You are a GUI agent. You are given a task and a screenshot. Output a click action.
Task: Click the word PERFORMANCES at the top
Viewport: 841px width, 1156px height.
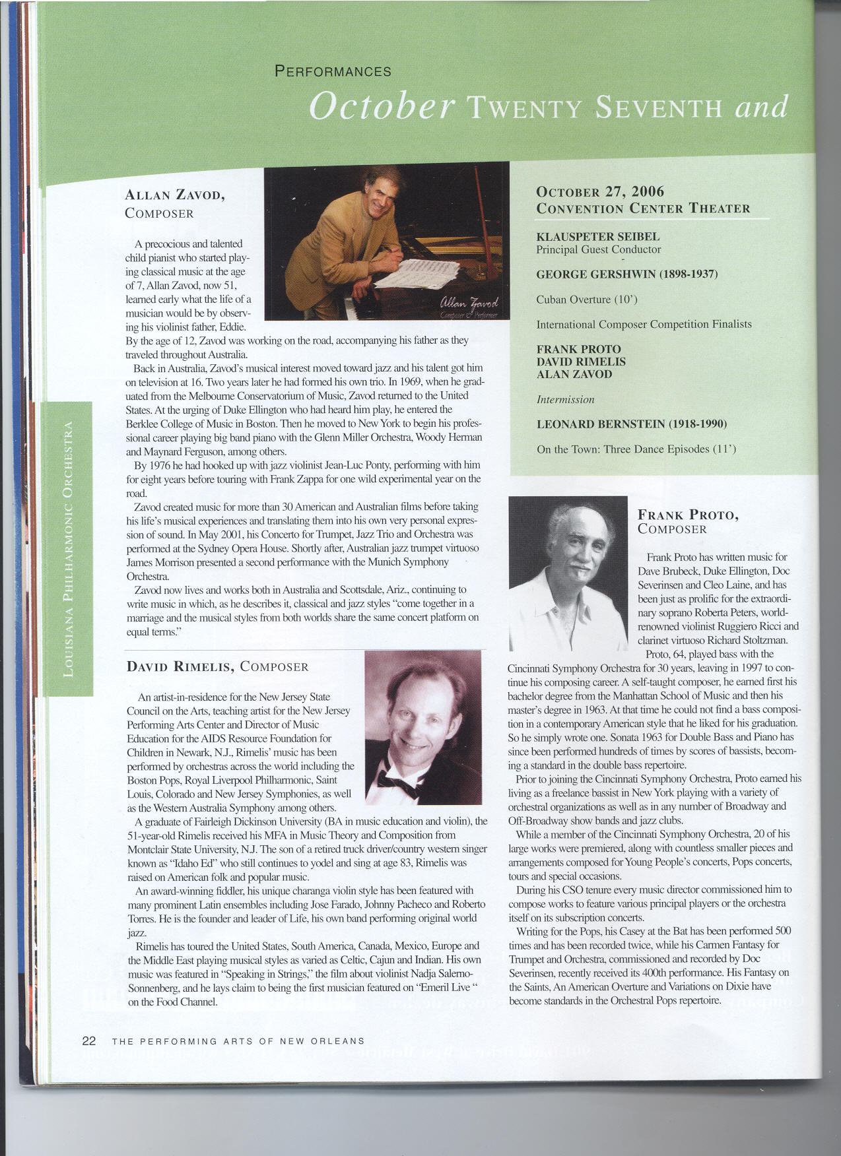[333, 71]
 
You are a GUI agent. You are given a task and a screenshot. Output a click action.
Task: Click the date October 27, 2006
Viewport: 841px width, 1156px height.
[600, 192]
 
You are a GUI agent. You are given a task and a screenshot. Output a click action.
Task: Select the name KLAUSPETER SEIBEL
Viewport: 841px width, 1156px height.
[598, 236]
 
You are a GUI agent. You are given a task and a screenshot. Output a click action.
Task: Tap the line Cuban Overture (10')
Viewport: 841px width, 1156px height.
[587, 300]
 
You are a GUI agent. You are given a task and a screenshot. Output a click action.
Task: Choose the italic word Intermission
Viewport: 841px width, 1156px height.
[565, 399]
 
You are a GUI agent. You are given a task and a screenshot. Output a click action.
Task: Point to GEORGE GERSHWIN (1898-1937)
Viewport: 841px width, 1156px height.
[626, 274]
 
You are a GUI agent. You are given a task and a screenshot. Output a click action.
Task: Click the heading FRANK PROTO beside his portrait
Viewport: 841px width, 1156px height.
[688, 515]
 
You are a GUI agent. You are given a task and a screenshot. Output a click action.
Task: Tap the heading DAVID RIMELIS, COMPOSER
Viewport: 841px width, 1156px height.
[217, 666]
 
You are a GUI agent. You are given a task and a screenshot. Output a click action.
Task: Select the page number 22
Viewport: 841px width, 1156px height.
[89, 1041]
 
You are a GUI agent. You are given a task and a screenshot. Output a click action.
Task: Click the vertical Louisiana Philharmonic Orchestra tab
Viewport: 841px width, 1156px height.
[67, 548]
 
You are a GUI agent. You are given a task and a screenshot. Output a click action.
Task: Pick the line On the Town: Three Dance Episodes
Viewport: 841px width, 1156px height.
[636, 449]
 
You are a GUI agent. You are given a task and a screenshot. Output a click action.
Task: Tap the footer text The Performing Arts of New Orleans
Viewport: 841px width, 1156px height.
[238, 1041]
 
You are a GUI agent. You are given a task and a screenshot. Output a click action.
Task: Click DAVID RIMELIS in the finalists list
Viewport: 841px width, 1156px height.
[581, 362]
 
